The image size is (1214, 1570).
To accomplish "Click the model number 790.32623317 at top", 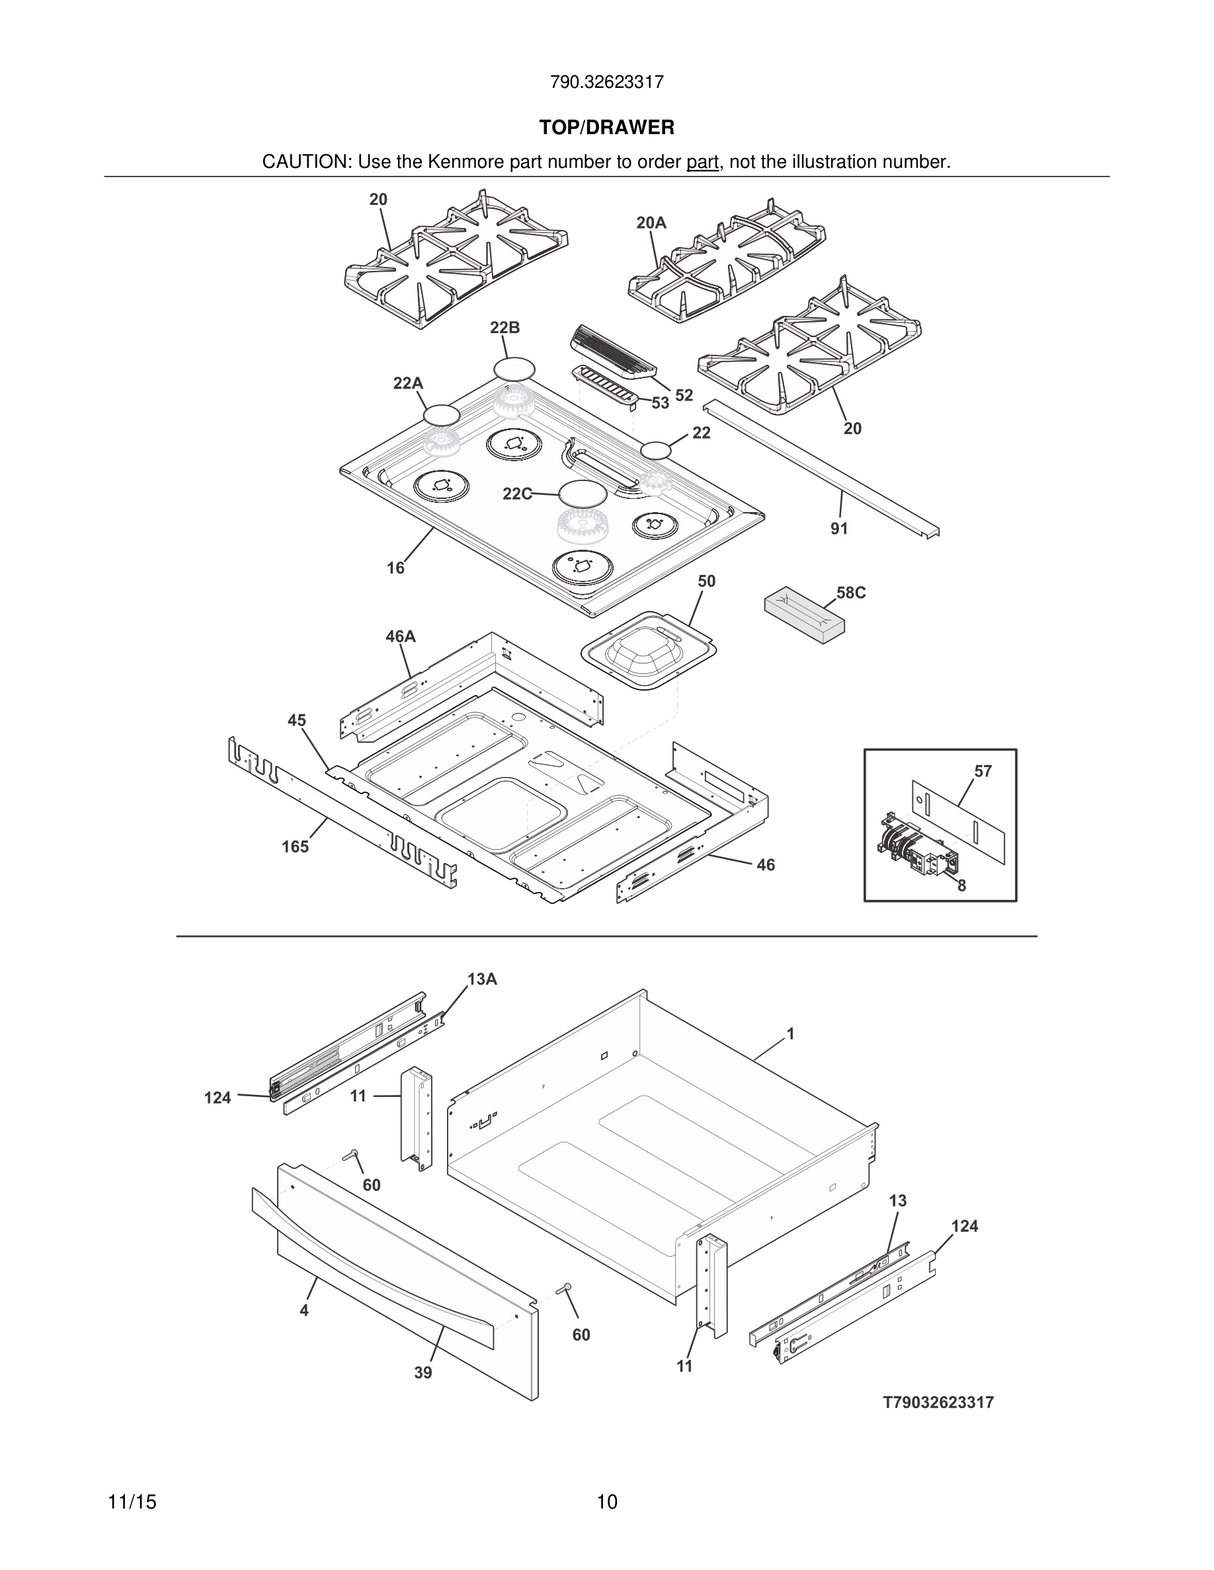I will coord(606,82).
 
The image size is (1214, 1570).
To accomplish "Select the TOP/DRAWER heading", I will coord(606,128).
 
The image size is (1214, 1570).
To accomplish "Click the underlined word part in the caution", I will coord(702,163).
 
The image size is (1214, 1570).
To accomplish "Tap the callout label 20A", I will coord(651,223).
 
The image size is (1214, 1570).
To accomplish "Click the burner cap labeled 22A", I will coord(441,415).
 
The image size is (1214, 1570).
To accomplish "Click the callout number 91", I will coord(838,529).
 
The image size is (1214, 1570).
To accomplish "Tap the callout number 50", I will coord(706,581).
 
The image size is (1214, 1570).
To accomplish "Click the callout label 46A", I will coord(401,636).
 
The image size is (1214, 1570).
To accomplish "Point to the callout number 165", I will coord(295,847).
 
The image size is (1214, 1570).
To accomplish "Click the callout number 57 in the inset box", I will coord(983,771).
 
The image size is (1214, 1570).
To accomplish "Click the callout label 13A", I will coord(482,979).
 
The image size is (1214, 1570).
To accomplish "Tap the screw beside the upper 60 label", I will coord(351,1154).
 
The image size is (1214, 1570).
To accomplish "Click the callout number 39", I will coord(423,1373).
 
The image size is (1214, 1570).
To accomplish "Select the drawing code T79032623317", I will coord(938,1403).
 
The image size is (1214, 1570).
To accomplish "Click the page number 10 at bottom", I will coord(606,1503).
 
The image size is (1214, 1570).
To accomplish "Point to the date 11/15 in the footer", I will coord(132,1503).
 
